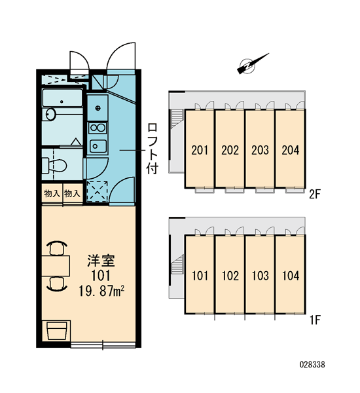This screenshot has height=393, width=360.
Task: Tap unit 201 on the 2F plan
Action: [x=200, y=149]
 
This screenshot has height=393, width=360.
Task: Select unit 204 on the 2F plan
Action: [x=291, y=149]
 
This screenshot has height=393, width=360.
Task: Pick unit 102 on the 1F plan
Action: [x=230, y=274]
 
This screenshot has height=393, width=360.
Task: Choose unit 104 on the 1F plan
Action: [x=291, y=274]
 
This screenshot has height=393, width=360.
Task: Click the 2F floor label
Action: [x=315, y=195]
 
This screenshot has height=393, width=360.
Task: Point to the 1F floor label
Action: [x=315, y=320]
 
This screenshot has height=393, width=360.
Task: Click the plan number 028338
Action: [x=312, y=364]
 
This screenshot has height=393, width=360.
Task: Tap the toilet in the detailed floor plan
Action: [x=54, y=165]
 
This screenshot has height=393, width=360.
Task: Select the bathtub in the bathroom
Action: [x=62, y=98]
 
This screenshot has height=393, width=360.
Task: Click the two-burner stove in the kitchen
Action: [x=98, y=128]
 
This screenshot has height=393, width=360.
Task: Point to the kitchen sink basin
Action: [x=98, y=146]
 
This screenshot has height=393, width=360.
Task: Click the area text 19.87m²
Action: [x=101, y=291]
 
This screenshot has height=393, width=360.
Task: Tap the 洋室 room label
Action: [x=101, y=261]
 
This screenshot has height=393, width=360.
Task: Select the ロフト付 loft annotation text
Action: [x=153, y=148]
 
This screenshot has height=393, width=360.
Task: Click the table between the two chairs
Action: [x=56, y=266]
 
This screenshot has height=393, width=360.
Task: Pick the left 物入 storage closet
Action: [x=52, y=193]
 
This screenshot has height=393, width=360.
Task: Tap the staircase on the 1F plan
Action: [x=177, y=265]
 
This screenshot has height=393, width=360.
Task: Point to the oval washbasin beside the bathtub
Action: [x=51, y=114]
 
